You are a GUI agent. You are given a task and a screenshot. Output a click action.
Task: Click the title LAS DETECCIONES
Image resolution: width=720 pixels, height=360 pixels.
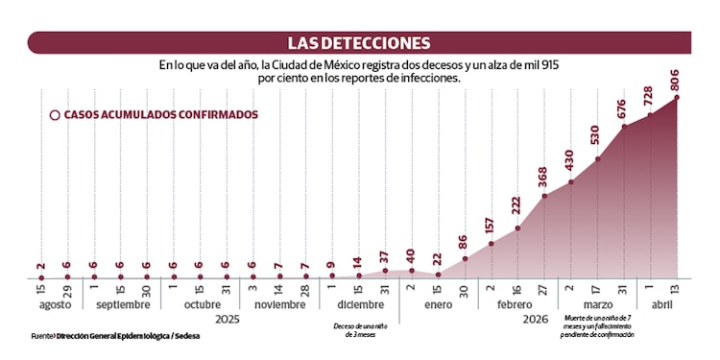coord(359,42)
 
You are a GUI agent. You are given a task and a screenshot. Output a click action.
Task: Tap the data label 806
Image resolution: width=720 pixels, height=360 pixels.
coord(677,81)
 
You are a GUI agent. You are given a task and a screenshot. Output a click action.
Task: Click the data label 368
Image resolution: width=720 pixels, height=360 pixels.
coord(544,179)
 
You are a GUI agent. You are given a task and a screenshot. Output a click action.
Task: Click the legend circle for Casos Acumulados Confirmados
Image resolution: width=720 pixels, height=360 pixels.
coord(55,114)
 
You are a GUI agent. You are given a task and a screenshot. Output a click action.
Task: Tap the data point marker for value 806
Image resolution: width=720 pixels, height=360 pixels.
coord(677,97)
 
